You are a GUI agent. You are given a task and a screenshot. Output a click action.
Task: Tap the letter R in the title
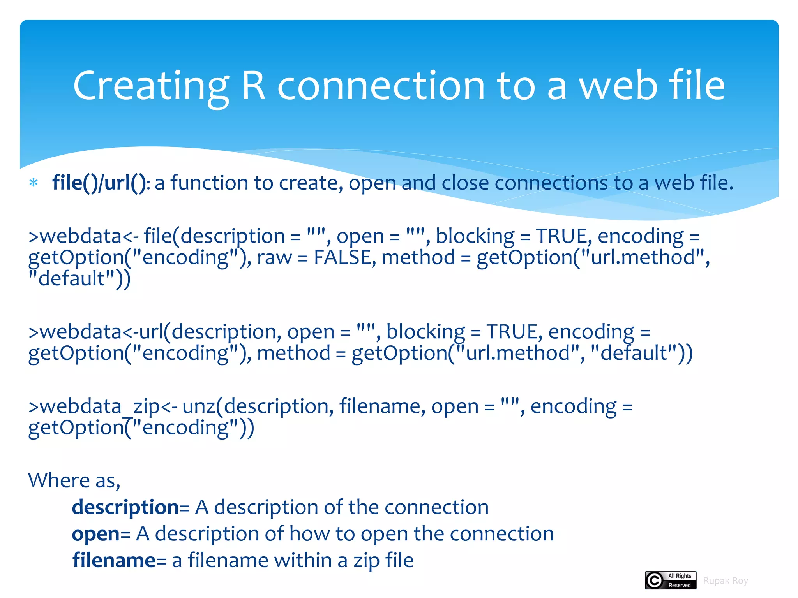click(253, 85)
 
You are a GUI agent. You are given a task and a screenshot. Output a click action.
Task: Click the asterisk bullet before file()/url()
click(34, 183)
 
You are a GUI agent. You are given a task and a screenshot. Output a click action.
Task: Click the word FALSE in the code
click(342, 257)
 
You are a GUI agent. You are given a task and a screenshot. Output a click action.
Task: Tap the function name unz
click(199, 406)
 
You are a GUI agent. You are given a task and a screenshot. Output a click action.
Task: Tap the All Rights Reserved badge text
click(680, 580)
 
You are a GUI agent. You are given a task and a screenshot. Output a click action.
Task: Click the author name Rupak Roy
click(726, 581)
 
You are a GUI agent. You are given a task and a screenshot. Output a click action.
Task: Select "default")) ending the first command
click(79, 279)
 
